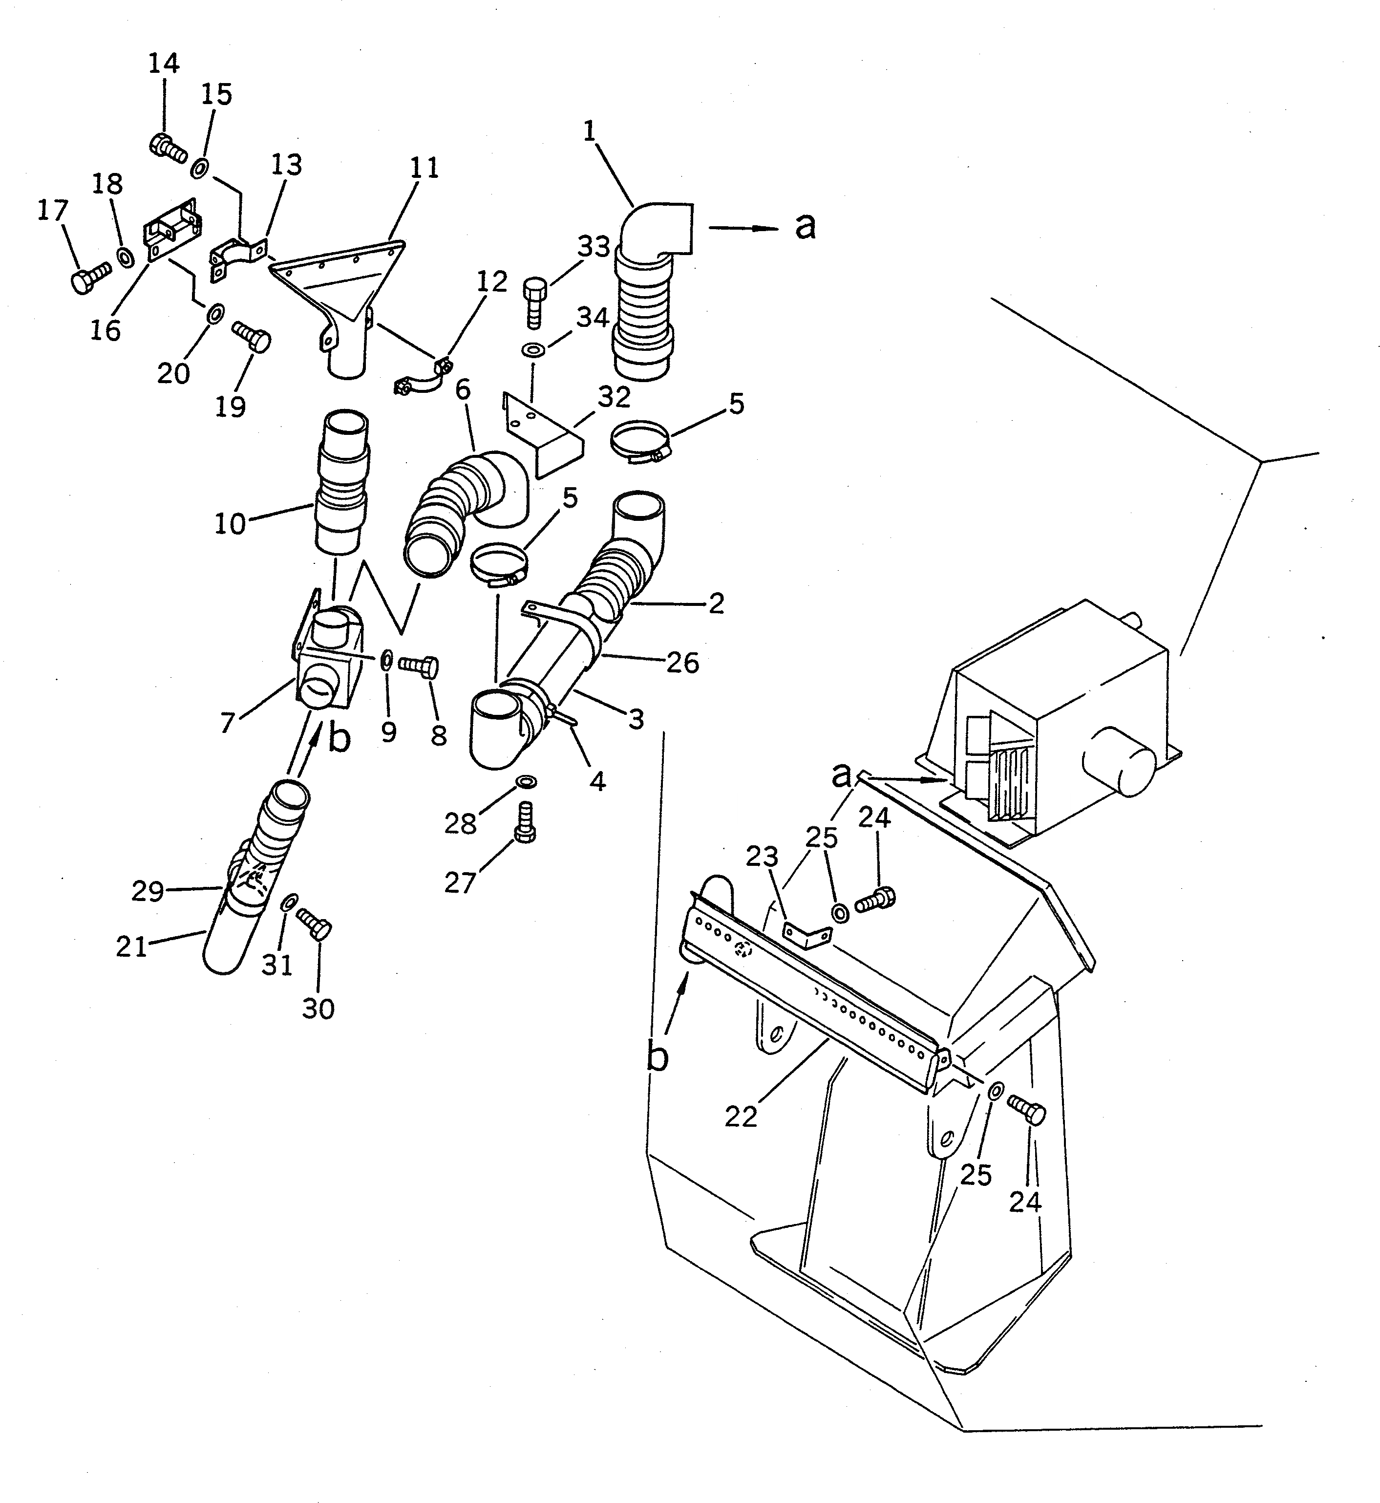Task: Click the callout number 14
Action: [x=164, y=64]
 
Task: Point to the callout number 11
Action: [x=424, y=167]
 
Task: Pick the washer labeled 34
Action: [x=532, y=349]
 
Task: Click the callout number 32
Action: [x=614, y=397]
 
